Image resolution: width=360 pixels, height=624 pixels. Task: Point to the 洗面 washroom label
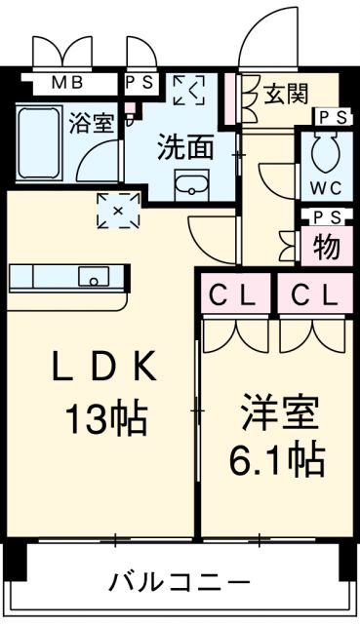point(185,147)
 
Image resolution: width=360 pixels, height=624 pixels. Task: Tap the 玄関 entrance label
point(286,94)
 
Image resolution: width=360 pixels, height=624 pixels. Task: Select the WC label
point(325,184)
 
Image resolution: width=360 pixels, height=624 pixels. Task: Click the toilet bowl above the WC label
point(324,151)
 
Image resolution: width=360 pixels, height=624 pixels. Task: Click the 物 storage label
point(326,247)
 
